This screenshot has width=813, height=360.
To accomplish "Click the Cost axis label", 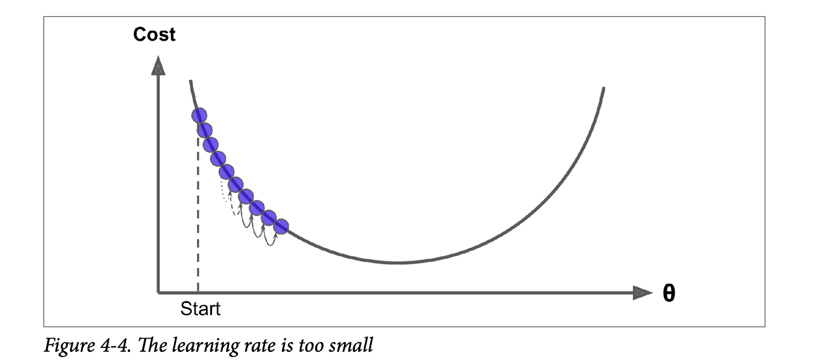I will [154, 35].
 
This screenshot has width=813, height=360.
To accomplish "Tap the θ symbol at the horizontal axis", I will [669, 294].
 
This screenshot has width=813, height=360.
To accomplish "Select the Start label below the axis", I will [200, 309].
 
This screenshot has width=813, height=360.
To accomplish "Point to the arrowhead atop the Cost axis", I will [158, 66].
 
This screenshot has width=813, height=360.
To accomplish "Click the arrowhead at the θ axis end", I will [642, 294].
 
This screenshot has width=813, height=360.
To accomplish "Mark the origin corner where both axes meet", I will [158, 293].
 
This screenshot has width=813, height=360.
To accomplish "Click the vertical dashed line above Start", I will [198, 218].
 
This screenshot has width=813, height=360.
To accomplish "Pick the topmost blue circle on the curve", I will [199, 115].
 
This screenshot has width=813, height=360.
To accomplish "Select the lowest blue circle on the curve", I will [281, 226].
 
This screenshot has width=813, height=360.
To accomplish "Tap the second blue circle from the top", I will [204, 130].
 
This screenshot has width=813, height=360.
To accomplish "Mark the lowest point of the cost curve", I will [397, 263].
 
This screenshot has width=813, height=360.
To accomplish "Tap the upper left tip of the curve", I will [191, 81].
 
